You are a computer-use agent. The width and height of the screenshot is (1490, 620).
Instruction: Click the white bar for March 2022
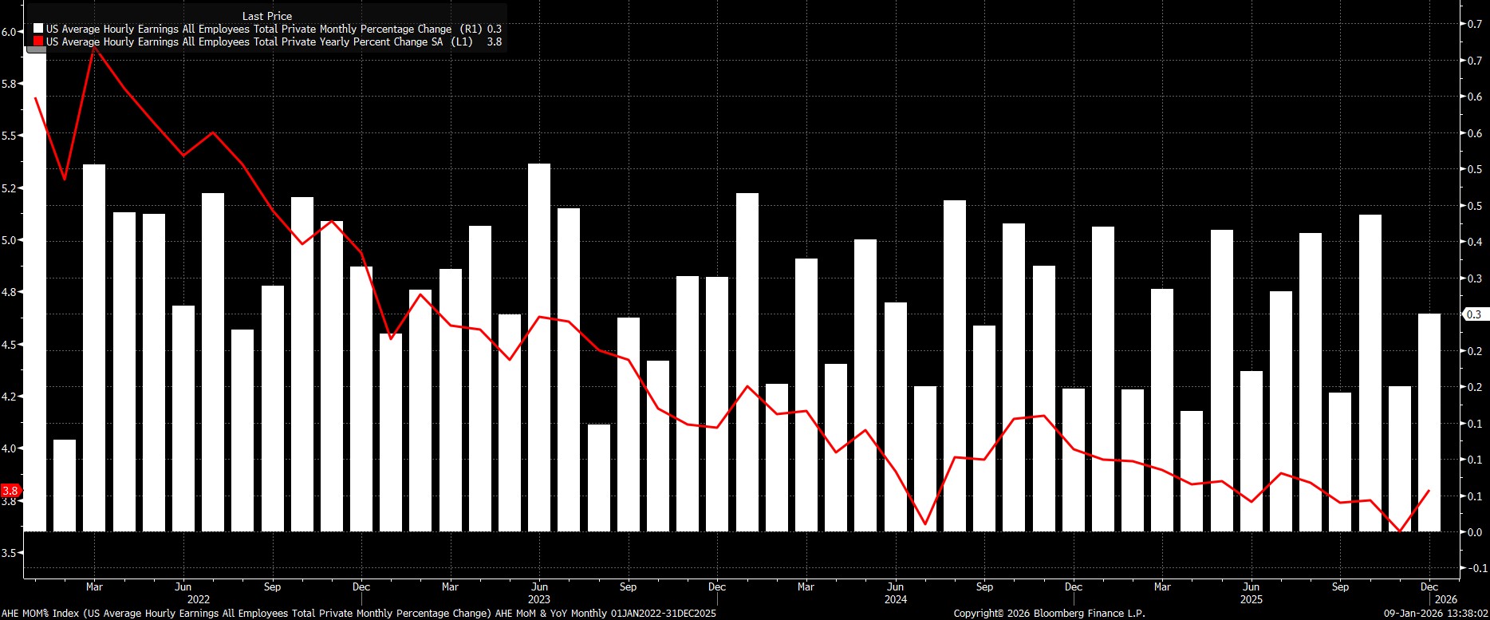[94, 347]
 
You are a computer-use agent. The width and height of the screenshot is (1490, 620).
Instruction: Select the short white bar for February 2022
[65, 485]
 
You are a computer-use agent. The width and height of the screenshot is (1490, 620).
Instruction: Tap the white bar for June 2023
[539, 347]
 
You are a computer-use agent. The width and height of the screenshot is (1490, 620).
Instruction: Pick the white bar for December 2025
[1429, 422]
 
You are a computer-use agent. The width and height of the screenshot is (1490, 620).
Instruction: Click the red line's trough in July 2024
[925, 524]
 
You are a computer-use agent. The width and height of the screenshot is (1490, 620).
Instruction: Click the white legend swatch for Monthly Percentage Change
[38, 29]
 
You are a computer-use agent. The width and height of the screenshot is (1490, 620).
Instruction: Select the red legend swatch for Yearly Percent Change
[38, 41]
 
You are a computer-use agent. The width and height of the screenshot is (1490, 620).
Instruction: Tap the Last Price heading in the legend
[266, 16]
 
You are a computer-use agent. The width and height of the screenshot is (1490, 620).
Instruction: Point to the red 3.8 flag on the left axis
[10, 491]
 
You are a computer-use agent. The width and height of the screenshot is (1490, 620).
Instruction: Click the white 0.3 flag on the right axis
[1473, 314]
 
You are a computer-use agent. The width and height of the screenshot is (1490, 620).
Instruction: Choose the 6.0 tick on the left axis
[10, 32]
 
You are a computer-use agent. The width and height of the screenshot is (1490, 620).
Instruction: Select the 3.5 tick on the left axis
[10, 552]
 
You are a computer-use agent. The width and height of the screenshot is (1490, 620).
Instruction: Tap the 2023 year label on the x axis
[539, 599]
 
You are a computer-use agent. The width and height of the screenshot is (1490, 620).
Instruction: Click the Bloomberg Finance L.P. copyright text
[1049, 613]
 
